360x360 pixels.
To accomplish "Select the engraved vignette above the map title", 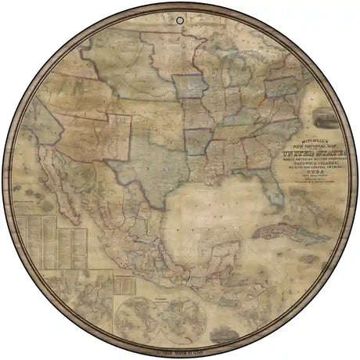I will point(324,118).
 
